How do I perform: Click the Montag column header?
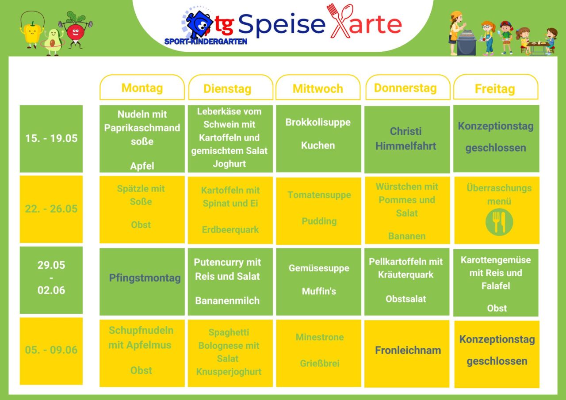coord(142,88)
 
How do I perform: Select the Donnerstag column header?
coord(408,88)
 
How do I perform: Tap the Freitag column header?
coord(496,88)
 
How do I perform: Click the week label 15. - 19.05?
coord(51,138)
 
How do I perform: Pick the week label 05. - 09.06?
coord(51,350)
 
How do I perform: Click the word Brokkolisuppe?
coord(318,122)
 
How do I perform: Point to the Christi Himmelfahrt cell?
coord(407,139)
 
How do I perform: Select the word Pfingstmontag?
coord(145,278)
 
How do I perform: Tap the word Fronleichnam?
coord(408,350)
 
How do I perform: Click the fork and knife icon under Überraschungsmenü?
coord(499,222)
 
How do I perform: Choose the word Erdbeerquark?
coord(230,230)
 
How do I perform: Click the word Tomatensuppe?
coord(319,195)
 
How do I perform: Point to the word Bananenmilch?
coord(227,301)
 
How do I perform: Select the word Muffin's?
coord(319,291)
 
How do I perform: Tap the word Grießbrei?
coord(320,363)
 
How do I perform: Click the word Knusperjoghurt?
coord(229,372)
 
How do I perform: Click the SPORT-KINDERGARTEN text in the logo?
coord(206,42)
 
